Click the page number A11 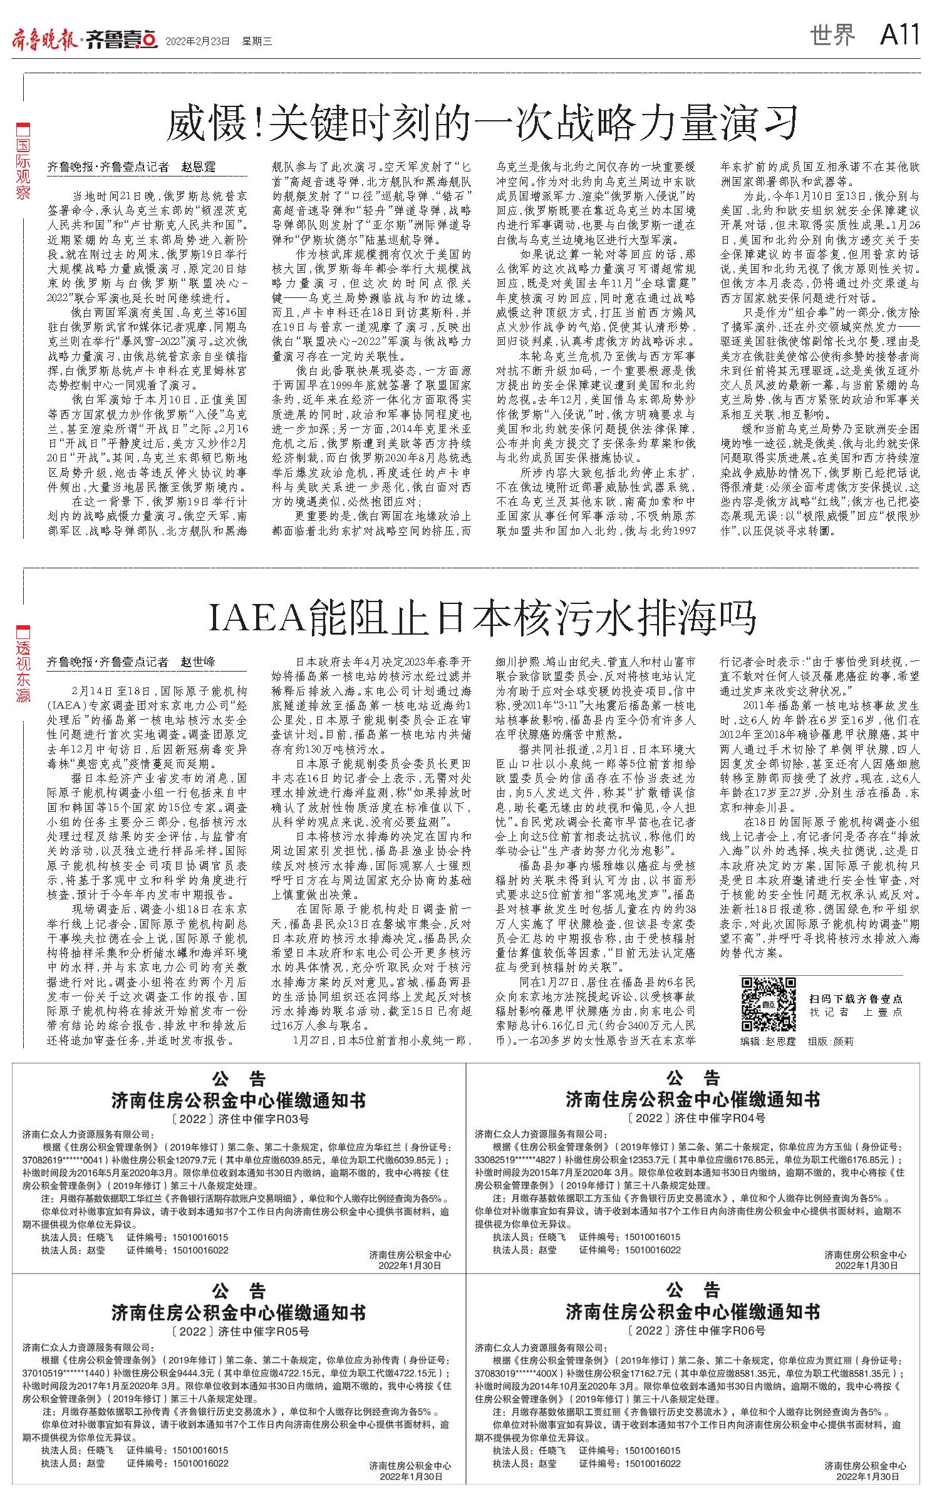899,35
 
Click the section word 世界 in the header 832,36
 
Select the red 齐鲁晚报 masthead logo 44,39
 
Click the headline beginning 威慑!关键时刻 482,123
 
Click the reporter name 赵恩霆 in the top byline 198,167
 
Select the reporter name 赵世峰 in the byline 198,662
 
